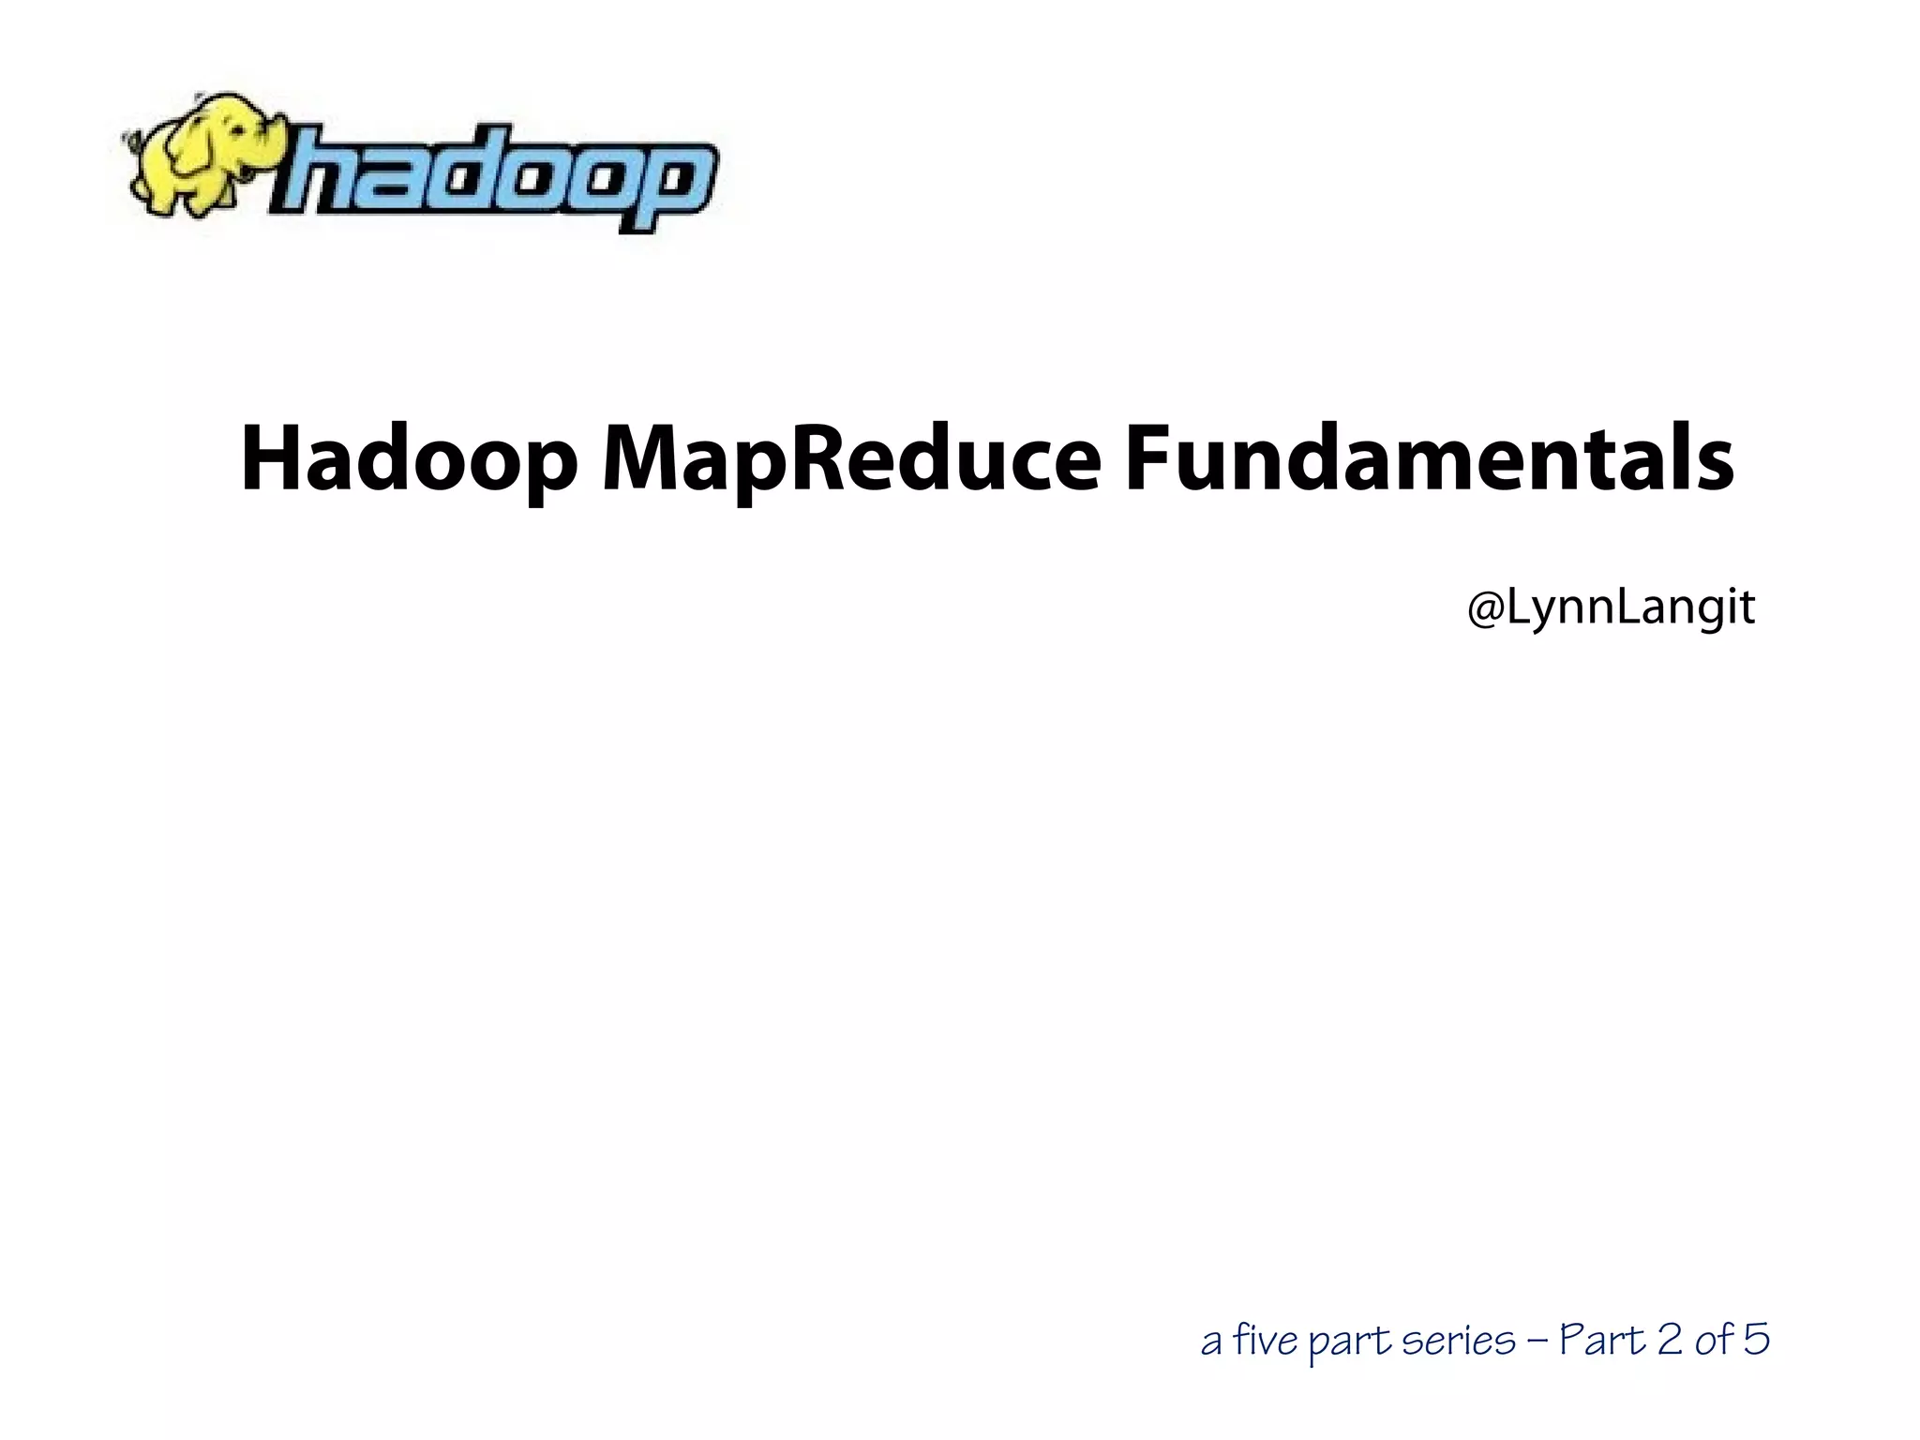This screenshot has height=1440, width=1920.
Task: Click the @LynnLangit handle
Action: pos(1611,608)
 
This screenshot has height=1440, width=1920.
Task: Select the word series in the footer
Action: pos(1458,1341)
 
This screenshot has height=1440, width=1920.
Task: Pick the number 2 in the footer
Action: pos(1670,1340)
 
